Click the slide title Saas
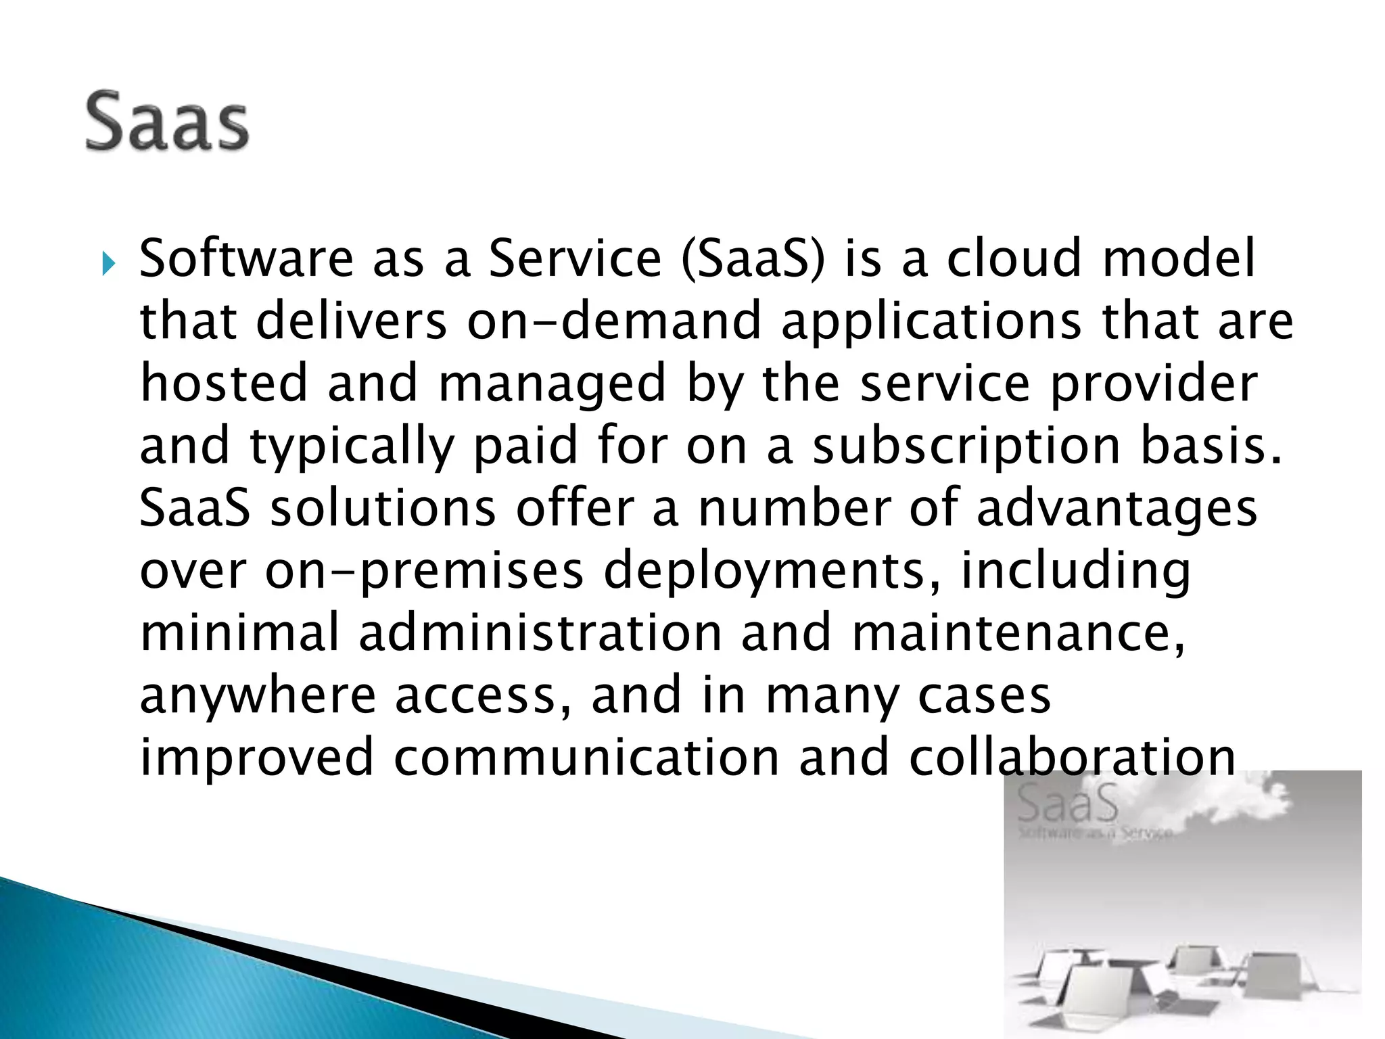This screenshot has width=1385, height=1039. (x=167, y=122)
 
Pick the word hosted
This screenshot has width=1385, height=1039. (x=224, y=383)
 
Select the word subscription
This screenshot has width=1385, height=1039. (x=966, y=446)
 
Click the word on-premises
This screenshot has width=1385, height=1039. (x=424, y=572)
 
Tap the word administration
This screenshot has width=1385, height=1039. (x=540, y=632)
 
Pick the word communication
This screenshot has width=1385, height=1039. (x=586, y=758)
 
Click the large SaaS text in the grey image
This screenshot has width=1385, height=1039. (x=1067, y=803)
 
